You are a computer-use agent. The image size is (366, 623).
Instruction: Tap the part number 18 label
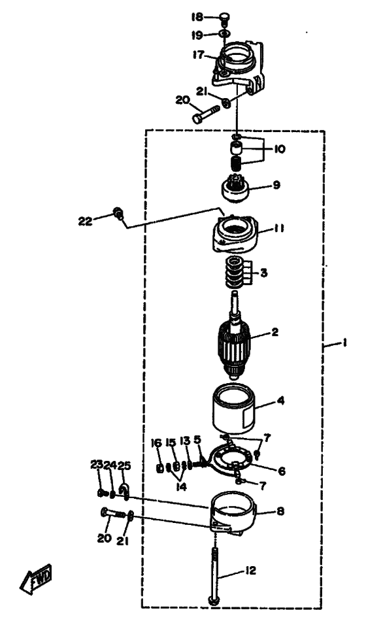pyautogui.click(x=197, y=17)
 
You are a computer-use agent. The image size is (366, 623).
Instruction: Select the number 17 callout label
pyautogui.click(x=199, y=55)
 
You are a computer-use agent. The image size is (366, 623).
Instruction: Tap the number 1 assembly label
pyautogui.click(x=345, y=343)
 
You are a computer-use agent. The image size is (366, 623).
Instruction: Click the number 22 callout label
pyautogui.click(x=86, y=222)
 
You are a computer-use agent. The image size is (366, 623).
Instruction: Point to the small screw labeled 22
pyautogui.click(x=118, y=212)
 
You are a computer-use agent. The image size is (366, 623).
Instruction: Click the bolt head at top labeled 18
pyautogui.click(x=225, y=18)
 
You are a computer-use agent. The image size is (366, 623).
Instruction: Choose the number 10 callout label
pyautogui.click(x=279, y=150)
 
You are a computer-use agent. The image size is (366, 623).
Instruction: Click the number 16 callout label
pyautogui.click(x=157, y=443)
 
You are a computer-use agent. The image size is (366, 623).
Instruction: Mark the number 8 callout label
pyautogui.click(x=280, y=511)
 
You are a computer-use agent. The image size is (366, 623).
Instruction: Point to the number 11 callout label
pyautogui.click(x=278, y=229)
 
